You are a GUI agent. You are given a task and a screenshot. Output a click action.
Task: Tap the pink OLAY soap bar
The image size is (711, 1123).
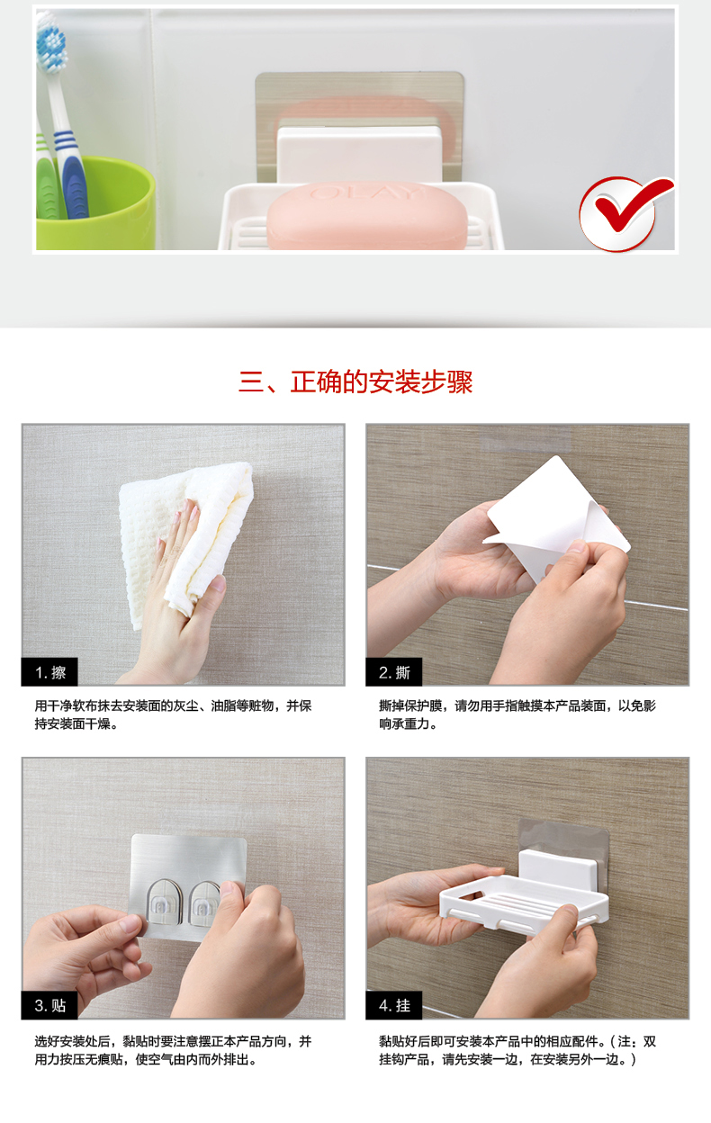(366, 217)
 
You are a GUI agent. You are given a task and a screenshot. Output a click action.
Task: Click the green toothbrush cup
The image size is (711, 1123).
(95, 203)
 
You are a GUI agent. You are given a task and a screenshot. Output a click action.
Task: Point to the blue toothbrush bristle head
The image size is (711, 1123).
(51, 41)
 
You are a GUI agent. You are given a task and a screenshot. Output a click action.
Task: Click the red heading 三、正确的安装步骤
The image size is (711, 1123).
(355, 382)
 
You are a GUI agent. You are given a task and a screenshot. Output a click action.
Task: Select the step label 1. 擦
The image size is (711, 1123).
(49, 672)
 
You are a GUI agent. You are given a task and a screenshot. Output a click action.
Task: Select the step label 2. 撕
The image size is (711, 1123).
(394, 672)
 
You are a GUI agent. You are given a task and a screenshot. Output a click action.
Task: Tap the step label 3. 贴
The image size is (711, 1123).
(49, 1005)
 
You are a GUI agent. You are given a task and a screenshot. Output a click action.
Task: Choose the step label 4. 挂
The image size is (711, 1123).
(394, 1005)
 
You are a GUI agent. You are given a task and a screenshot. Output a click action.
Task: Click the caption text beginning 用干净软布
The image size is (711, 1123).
(173, 714)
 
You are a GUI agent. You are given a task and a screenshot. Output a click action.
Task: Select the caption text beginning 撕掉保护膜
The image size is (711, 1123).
(517, 714)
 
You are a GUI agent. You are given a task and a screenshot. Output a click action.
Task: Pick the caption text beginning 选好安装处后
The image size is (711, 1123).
(173, 1050)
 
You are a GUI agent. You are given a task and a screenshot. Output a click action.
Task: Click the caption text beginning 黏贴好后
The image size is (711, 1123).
(517, 1050)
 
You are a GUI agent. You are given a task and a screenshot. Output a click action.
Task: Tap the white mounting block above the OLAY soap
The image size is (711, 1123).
(360, 153)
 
